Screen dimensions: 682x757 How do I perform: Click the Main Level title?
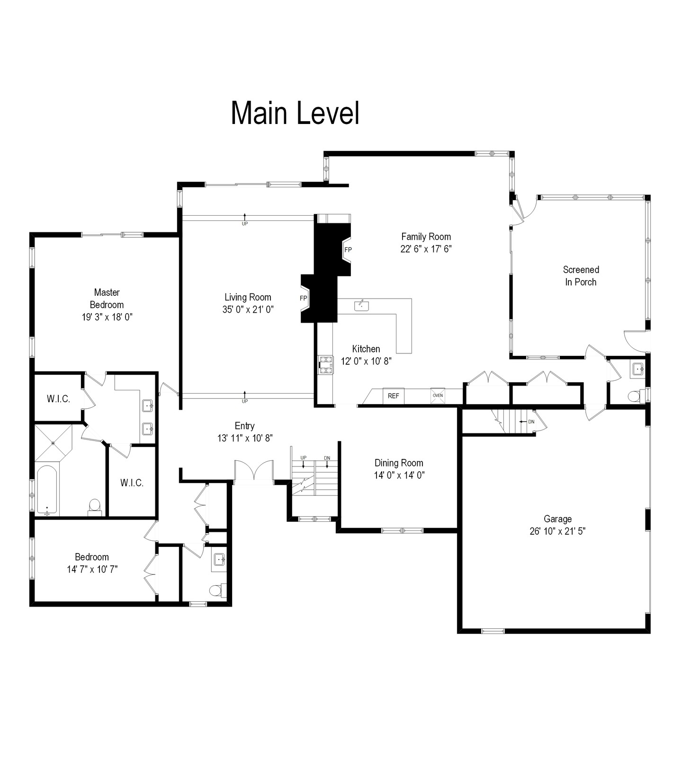click(x=295, y=113)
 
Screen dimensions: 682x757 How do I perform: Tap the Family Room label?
click(x=426, y=237)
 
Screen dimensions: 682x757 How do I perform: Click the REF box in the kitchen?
click(x=394, y=396)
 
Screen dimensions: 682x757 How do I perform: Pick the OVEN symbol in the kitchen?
click(x=438, y=396)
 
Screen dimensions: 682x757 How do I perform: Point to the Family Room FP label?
click(x=348, y=250)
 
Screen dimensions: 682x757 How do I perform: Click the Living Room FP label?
click(x=304, y=298)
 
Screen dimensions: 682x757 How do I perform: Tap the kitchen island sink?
click(x=362, y=306)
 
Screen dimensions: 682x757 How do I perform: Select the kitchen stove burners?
click(x=325, y=365)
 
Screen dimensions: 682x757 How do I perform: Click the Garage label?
click(x=557, y=519)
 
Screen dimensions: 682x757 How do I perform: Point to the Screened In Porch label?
click(x=581, y=276)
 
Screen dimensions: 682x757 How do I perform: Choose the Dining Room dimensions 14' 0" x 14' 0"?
click(x=399, y=475)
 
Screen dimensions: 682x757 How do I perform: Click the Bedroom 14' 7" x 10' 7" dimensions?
click(x=92, y=569)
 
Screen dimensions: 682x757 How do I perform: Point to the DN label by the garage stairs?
click(x=531, y=422)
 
